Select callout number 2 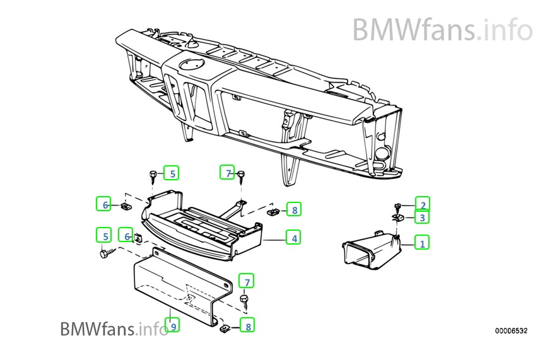423,204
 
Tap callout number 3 423,217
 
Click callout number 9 172,325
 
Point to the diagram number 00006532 510,330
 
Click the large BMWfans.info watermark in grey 442,30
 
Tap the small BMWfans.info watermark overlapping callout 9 114,328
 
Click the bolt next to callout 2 398,206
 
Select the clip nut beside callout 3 398,216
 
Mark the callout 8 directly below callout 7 247,326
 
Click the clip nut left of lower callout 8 224,328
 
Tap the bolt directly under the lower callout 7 245,299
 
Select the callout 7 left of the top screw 227,172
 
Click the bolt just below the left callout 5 104,253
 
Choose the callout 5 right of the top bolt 172,172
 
